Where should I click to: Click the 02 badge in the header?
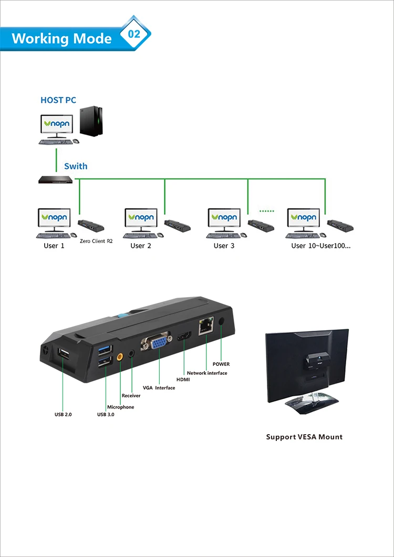pyautogui.click(x=134, y=34)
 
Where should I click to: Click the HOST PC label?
pyautogui.click(x=58, y=100)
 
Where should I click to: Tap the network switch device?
pyautogui.click(x=56, y=180)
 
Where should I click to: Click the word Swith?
pyautogui.click(x=76, y=166)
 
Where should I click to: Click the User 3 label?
pyautogui.click(x=224, y=246)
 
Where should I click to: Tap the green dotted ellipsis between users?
pyautogui.click(x=267, y=211)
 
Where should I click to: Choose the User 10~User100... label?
pyautogui.click(x=320, y=246)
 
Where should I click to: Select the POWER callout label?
pyautogui.click(x=221, y=364)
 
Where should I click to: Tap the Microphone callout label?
pyautogui.click(x=121, y=407)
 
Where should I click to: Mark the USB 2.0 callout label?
pyautogui.click(x=63, y=415)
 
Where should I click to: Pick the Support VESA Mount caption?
pyautogui.click(x=304, y=437)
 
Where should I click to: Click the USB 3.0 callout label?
pyautogui.click(x=106, y=415)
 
